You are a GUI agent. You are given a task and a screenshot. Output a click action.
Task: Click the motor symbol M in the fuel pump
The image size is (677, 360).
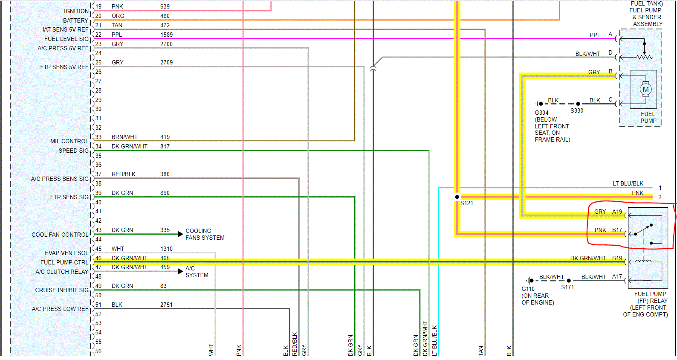point(645,90)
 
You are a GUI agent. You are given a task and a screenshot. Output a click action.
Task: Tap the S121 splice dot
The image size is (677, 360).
point(457,197)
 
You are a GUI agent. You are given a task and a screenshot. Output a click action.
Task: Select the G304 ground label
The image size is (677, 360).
point(541,113)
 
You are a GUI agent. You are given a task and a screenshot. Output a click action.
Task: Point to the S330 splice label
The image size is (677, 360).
point(577,110)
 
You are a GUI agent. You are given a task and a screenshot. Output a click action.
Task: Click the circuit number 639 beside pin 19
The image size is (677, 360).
point(165,7)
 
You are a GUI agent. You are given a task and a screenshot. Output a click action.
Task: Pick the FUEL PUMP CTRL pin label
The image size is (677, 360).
point(64,262)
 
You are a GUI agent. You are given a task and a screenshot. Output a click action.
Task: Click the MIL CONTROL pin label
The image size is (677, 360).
point(69,141)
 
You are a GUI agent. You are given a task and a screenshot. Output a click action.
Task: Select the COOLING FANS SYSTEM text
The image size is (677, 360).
point(205,234)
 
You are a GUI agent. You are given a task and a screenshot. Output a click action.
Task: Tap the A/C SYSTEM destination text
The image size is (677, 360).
point(197,272)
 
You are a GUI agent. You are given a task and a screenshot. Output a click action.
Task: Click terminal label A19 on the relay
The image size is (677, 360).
point(617,212)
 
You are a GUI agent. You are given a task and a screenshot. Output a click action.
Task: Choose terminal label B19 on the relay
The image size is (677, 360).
point(617,258)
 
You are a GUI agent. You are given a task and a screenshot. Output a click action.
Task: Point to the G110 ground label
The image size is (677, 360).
point(528,289)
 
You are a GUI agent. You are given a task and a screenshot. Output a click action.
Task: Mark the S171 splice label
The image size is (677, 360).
point(567,287)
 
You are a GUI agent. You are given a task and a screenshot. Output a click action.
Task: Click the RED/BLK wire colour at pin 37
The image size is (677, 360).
point(124,174)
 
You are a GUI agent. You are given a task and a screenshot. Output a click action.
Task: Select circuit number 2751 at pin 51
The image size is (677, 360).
point(166,305)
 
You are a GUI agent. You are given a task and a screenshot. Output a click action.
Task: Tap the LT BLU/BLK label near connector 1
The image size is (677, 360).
point(628,183)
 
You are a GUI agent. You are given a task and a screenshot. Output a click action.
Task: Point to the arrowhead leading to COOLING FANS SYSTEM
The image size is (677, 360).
point(180,234)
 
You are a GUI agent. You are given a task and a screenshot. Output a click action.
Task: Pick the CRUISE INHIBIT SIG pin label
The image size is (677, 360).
point(62,290)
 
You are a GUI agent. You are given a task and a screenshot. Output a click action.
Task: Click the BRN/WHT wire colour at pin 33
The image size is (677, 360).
point(124,137)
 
